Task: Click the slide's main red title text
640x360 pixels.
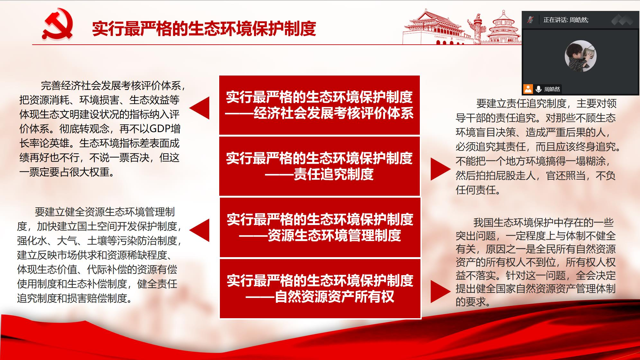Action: (204, 28)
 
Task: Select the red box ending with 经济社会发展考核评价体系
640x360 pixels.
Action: (320, 105)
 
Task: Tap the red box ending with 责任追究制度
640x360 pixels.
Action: (320, 166)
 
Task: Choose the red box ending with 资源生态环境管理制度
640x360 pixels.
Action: (320, 227)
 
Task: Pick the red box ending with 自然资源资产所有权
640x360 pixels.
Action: (320, 289)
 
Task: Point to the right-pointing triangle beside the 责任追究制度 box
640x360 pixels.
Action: (441, 169)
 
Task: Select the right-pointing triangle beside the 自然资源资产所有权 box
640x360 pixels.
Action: (441, 291)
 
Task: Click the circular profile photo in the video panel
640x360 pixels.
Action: (581, 56)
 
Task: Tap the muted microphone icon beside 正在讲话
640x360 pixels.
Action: (530, 20)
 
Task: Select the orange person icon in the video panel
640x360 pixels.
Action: (528, 89)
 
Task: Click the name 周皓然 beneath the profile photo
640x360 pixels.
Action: (552, 89)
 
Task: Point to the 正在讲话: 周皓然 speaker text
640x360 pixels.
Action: (566, 20)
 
